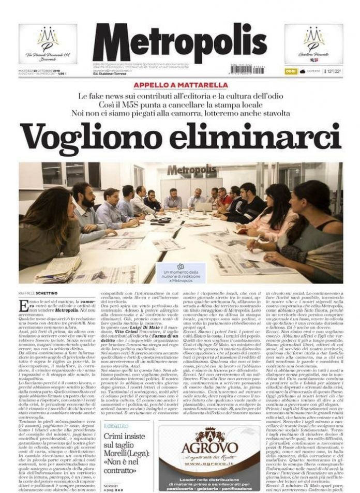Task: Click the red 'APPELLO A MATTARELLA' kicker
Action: pyautogui.click(x=180, y=85)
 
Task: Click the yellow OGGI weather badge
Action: pyautogui.click(x=291, y=71)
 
